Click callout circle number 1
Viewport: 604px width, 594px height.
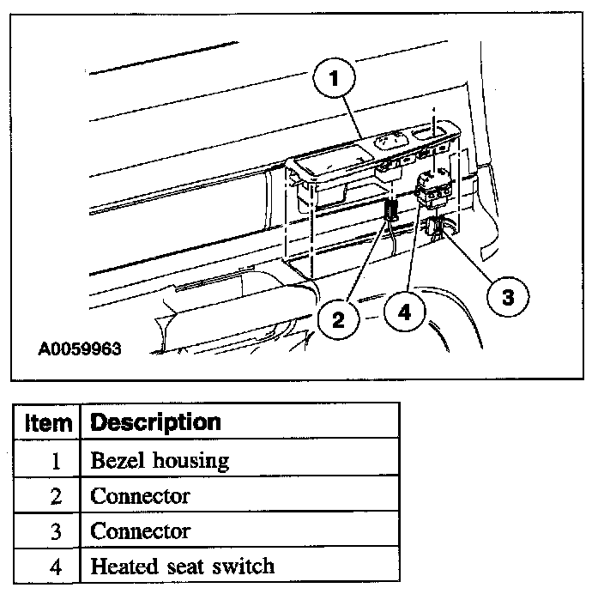click(x=335, y=79)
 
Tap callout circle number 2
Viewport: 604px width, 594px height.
click(x=338, y=319)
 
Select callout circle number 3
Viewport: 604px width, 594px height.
click(x=507, y=297)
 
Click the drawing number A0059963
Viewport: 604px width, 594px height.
click(x=81, y=349)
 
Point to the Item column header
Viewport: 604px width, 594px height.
click(x=48, y=422)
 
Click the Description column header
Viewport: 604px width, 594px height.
click(x=155, y=422)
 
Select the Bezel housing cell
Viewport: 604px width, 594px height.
click(x=160, y=460)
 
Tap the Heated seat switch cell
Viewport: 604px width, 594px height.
click(x=182, y=566)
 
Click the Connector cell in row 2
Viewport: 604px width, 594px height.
click(x=140, y=495)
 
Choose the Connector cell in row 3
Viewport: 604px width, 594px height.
click(x=140, y=530)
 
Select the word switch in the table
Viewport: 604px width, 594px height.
click(x=239, y=566)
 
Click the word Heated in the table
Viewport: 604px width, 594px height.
click(x=120, y=566)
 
